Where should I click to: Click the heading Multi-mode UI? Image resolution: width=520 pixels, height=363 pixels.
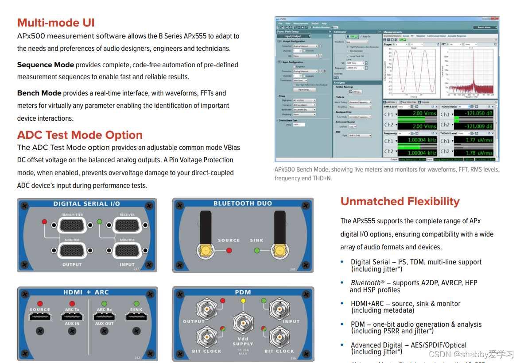(x=56, y=23)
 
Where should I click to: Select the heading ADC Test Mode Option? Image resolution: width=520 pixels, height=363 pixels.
(x=80, y=135)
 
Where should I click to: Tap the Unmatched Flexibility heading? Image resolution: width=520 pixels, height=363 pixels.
(x=400, y=202)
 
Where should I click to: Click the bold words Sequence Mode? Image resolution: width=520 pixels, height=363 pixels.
(x=45, y=65)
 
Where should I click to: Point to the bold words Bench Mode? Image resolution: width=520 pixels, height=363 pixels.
(x=39, y=93)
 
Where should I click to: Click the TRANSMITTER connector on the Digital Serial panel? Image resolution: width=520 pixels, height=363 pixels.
(x=72, y=225)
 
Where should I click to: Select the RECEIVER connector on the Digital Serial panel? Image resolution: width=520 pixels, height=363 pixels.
(x=127, y=225)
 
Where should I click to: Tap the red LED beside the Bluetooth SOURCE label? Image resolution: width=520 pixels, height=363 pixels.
(x=229, y=250)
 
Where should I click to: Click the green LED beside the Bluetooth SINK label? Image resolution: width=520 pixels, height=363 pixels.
(x=256, y=250)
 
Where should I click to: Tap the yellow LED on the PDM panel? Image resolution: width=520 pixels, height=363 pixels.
(x=243, y=301)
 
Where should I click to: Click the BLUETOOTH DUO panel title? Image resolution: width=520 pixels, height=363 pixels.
(x=243, y=204)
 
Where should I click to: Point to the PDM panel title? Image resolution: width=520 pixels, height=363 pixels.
(x=243, y=292)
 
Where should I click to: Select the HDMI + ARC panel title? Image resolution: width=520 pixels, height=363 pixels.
(x=86, y=292)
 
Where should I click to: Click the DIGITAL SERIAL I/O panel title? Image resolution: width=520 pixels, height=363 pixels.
(x=86, y=204)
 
